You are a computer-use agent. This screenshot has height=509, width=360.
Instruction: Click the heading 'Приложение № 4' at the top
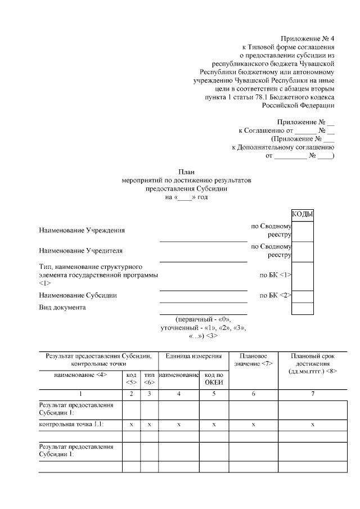click(x=307, y=39)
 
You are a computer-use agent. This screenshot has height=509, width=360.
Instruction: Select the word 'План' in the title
click(x=186, y=172)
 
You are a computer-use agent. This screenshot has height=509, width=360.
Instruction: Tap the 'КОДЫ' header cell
click(x=302, y=215)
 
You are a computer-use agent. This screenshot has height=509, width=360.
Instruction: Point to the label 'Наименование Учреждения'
click(x=82, y=231)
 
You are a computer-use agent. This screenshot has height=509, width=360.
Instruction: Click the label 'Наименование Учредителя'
click(x=80, y=250)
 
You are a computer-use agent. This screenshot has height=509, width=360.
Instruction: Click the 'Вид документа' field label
click(x=62, y=308)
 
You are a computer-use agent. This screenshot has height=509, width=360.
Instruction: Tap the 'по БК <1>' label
click(x=275, y=275)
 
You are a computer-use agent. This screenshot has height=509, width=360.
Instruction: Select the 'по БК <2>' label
click(x=275, y=295)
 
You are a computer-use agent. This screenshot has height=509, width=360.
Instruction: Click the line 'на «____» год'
click(x=186, y=197)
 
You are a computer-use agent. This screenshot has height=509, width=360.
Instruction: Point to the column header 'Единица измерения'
click(x=193, y=356)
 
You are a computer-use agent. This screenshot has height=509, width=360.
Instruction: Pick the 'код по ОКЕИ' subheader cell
click(x=214, y=379)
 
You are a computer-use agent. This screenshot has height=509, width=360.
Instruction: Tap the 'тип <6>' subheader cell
click(x=149, y=379)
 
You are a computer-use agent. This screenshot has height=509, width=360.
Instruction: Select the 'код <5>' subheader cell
click(x=131, y=379)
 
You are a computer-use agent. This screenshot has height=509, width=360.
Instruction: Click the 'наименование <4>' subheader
click(x=80, y=375)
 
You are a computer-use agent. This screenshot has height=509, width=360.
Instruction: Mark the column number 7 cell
click(x=312, y=394)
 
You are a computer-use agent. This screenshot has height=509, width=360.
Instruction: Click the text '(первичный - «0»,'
click(x=203, y=319)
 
